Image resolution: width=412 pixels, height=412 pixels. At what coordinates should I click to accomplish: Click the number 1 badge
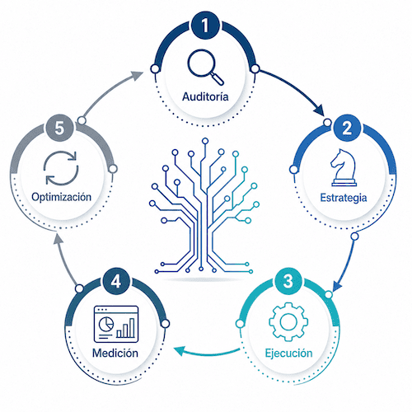tap(205, 26)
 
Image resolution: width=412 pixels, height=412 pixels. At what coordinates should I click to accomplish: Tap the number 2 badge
tap(347, 128)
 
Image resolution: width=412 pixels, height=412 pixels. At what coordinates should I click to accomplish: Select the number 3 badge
tap(288, 281)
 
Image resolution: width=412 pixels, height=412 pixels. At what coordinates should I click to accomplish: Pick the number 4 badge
tap(116, 281)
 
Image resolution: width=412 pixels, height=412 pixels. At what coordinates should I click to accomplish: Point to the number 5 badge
tap(59, 128)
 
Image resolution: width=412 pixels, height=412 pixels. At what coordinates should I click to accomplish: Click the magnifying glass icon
tap(205, 67)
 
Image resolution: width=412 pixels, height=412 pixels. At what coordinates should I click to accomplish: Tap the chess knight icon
tap(344, 167)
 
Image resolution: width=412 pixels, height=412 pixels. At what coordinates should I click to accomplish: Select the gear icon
tap(288, 321)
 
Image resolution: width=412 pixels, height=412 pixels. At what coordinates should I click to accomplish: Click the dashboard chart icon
tap(116, 324)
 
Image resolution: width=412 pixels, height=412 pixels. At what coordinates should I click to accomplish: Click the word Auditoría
tap(205, 96)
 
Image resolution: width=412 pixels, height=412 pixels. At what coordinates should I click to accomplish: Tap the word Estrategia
tap(344, 198)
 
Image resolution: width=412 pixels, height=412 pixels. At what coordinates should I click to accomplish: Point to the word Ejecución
tap(288, 353)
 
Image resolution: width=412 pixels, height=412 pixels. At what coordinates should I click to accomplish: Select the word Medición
tap(115, 353)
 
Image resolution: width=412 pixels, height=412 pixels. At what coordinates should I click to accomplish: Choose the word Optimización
tap(61, 197)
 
